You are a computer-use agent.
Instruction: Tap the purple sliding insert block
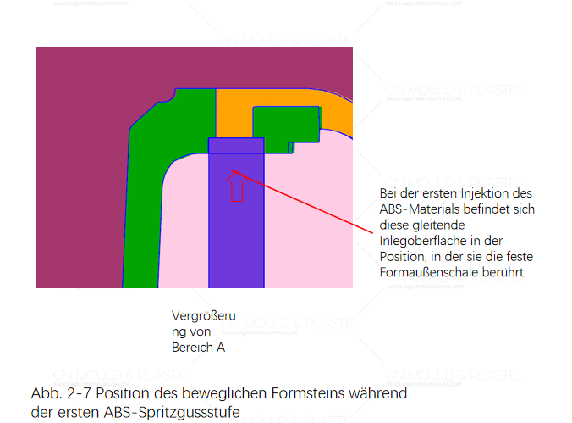point(236,246)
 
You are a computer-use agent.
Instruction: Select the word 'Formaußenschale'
point(433,273)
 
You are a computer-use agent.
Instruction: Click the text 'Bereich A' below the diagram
point(198,347)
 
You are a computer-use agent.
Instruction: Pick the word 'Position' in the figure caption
point(142,393)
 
